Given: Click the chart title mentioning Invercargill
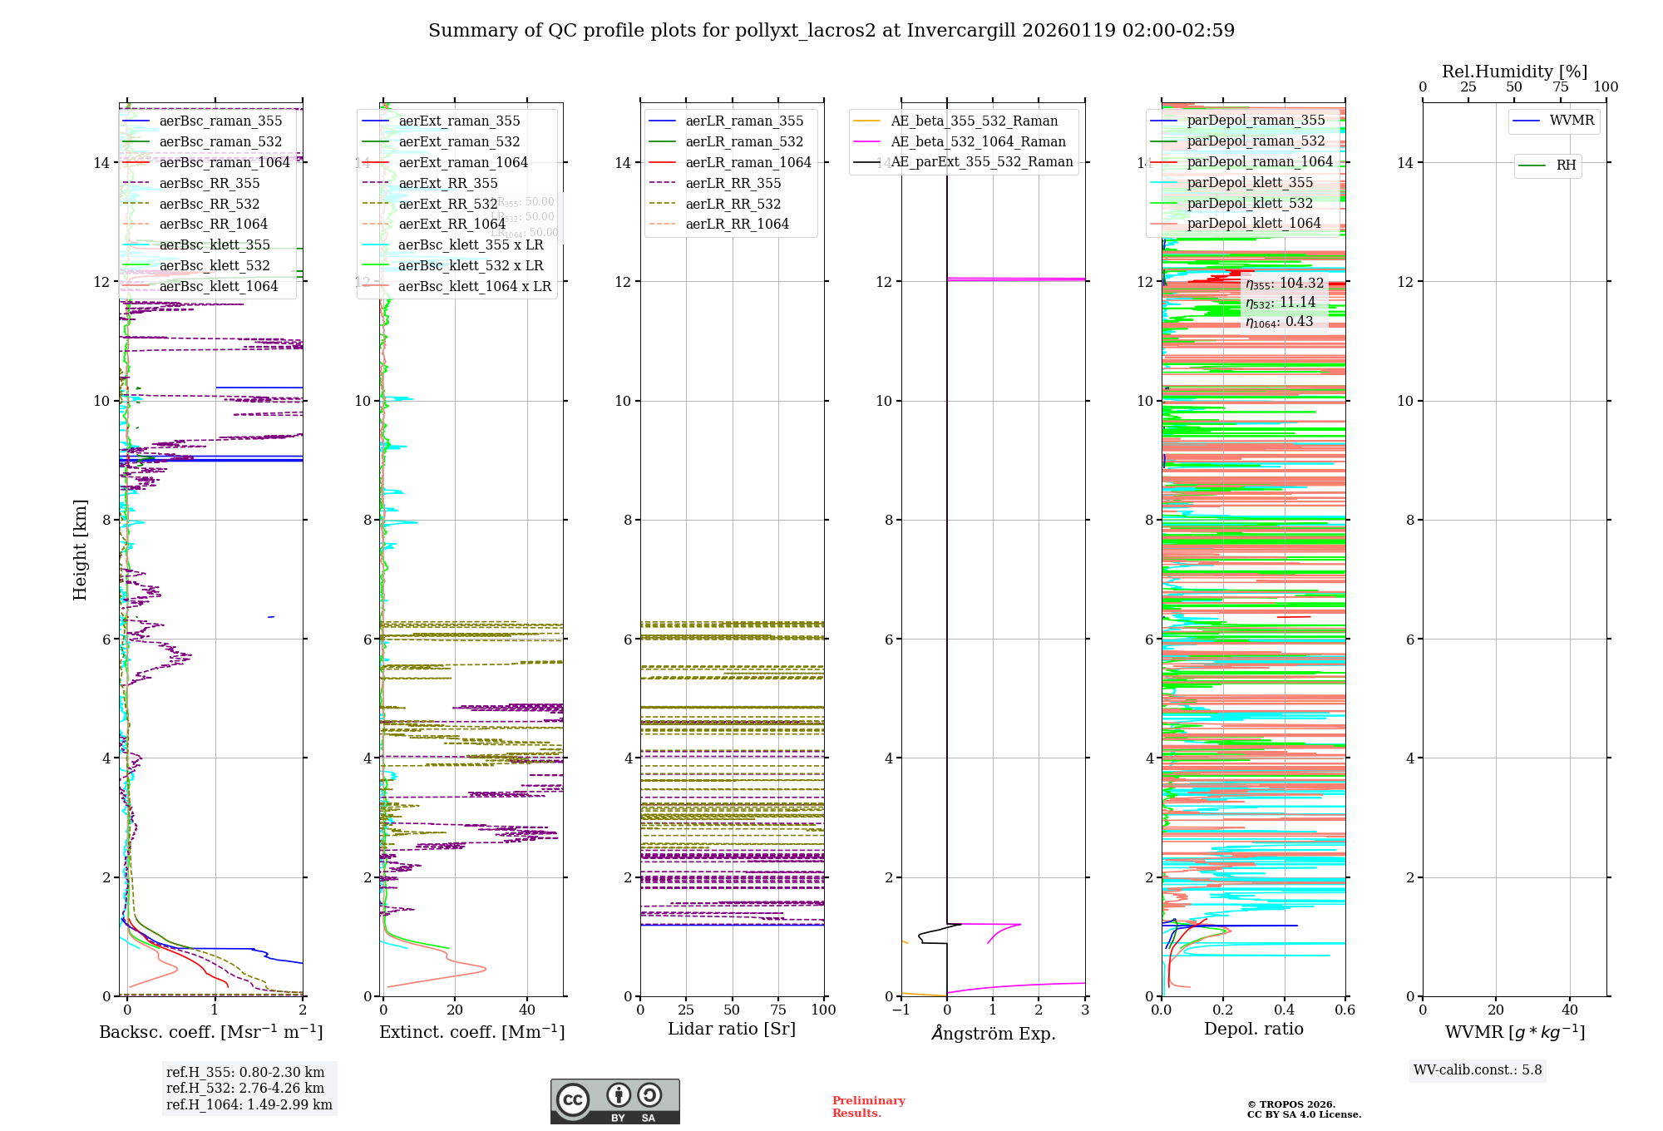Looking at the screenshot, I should point(831,31).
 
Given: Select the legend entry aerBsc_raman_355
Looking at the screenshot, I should point(220,121).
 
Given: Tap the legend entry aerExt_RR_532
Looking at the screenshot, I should point(447,204).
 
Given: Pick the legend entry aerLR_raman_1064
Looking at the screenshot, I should point(748,162).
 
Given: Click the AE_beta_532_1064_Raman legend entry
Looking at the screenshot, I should point(978,141).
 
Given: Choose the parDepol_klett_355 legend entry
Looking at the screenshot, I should point(1250,182).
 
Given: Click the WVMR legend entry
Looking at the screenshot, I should point(1572,121).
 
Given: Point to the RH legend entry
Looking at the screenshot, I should point(1566,165).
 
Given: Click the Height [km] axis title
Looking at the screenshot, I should point(80,549).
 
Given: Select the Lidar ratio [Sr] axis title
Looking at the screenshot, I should point(732,1030).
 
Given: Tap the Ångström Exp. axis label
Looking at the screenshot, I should point(994,1034).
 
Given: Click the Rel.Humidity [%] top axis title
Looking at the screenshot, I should point(1514,72).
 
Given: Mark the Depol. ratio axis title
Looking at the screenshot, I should point(1253,1030).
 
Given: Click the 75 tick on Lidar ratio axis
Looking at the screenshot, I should point(778,1010).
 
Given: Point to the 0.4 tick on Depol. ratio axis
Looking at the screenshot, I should point(1284,1010).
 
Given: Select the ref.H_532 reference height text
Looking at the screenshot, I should point(245,1088).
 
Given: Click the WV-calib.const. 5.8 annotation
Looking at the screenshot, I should point(1478,1070).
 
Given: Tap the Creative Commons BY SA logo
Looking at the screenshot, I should point(614,1101).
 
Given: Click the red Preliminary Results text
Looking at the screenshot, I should point(868,1107).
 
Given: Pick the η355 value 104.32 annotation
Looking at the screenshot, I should point(1284,284).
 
